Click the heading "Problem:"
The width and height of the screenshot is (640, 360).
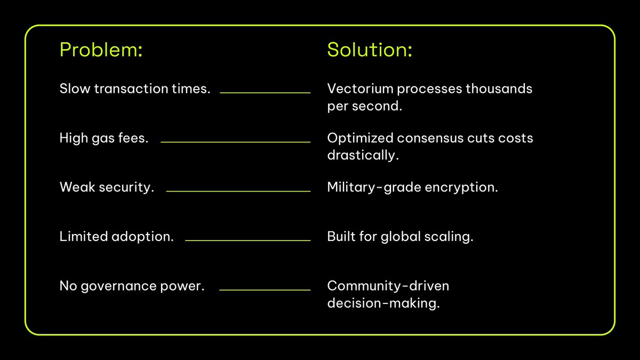coord(101,50)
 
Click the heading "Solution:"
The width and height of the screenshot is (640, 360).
coord(370,50)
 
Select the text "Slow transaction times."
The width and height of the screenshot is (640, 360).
coord(135,89)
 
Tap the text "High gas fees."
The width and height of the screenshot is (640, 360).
coord(104,138)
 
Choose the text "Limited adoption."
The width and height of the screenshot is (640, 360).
coord(117,236)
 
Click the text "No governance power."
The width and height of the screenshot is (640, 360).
coord(132,286)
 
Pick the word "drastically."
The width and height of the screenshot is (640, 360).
coord(363,156)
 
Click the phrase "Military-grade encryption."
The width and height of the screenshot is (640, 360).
coord(412,187)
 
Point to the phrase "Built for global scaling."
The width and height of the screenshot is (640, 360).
coord(400,236)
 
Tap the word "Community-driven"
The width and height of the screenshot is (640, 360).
coord(388,286)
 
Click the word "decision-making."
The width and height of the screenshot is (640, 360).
coord(383,304)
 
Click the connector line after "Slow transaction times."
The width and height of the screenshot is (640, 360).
coord(265,93)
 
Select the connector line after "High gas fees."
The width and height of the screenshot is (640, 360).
coord(235,142)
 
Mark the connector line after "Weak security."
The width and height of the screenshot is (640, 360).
coord(238,191)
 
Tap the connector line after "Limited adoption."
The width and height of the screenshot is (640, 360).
coord(247,241)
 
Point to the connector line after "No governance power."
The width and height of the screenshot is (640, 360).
coord(265,290)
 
